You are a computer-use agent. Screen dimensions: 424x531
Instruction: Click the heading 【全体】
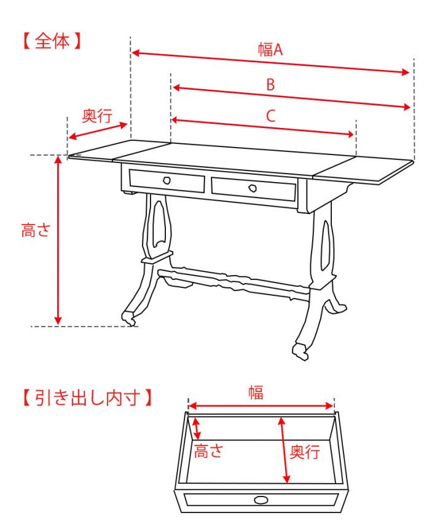point(52,41)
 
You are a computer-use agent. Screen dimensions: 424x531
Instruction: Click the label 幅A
point(270,49)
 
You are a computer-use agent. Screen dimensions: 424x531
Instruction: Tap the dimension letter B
point(270,84)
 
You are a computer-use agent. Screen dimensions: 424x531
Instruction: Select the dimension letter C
point(270,116)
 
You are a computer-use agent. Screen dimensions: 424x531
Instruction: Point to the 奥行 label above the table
point(97,116)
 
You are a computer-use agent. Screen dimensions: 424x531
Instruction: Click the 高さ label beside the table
point(36,230)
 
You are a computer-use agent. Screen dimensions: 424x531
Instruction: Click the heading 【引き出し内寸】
point(87,397)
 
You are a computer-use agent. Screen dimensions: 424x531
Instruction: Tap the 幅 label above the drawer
point(256,392)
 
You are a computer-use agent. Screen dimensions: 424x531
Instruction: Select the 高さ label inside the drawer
point(208,451)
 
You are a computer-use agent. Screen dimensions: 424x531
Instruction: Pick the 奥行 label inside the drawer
point(305,452)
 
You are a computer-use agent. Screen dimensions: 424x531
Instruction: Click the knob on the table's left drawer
point(167,180)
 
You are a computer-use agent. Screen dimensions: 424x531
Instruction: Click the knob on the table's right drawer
point(253,188)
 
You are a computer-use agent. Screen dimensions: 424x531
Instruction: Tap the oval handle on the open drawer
point(261,500)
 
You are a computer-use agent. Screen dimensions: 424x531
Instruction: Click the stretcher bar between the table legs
point(234,281)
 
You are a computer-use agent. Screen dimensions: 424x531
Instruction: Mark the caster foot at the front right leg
point(300,352)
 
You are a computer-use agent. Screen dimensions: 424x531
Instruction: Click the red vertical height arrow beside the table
point(58,241)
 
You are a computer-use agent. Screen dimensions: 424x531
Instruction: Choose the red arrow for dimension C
point(263,127)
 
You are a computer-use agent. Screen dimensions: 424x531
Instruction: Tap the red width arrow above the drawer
point(261,405)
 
